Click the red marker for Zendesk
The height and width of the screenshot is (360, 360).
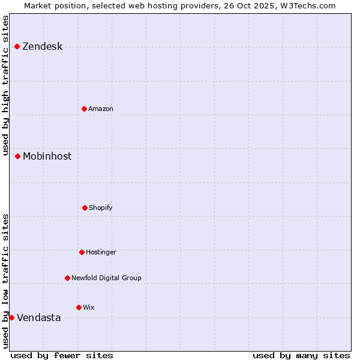pyautogui.click(x=17, y=46)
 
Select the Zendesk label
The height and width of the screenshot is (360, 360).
pyautogui.click(x=42, y=47)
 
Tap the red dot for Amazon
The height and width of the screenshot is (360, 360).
pyautogui.click(x=84, y=109)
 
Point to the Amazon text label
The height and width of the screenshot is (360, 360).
pyautogui.click(x=101, y=109)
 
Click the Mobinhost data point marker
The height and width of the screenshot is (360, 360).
pyautogui.click(x=17, y=156)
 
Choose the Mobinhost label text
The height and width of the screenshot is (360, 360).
pyautogui.click(x=47, y=157)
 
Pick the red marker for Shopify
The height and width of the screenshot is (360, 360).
pyautogui.click(x=85, y=208)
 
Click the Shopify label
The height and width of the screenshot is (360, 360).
pyautogui.click(x=101, y=208)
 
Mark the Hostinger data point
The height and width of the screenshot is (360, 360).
pyautogui.click(x=82, y=252)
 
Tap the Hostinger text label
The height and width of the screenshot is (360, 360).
pyautogui.click(x=101, y=253)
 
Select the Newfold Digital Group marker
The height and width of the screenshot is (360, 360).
pyautogui.click(x=67, y=278)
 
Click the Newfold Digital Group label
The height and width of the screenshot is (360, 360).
pyautogui.click(x=106, y=278)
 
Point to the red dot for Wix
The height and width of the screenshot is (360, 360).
pyautogui.click(x=79, y=307)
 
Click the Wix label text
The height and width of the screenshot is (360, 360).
pyautogui.click(x=89, y=308)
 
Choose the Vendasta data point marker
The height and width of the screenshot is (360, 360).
pyautogui.click(x=11, y=317)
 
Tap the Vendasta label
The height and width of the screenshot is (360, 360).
pyautogui.click(x=38, y=318)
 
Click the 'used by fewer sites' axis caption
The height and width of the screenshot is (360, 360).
pyautogui.click(x=62, y=355)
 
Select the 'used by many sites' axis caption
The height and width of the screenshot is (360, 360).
pyautogui.click(x=301, y=355)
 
